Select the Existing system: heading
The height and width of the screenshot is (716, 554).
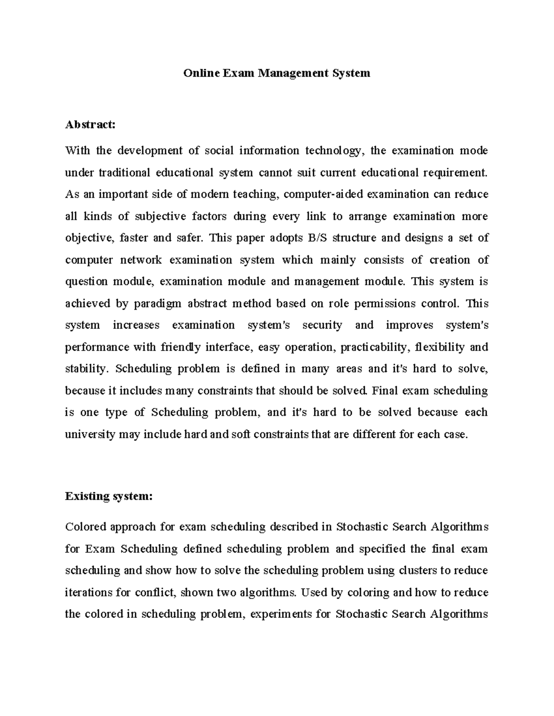pyautogui.click(x=108, y=496)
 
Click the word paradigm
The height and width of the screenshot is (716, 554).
pyautogui.click(x=157, y=303)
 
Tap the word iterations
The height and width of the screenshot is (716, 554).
pyautogui.click(x=88, y=592)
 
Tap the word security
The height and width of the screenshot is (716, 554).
pyautogui.click(x=322, y=325)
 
